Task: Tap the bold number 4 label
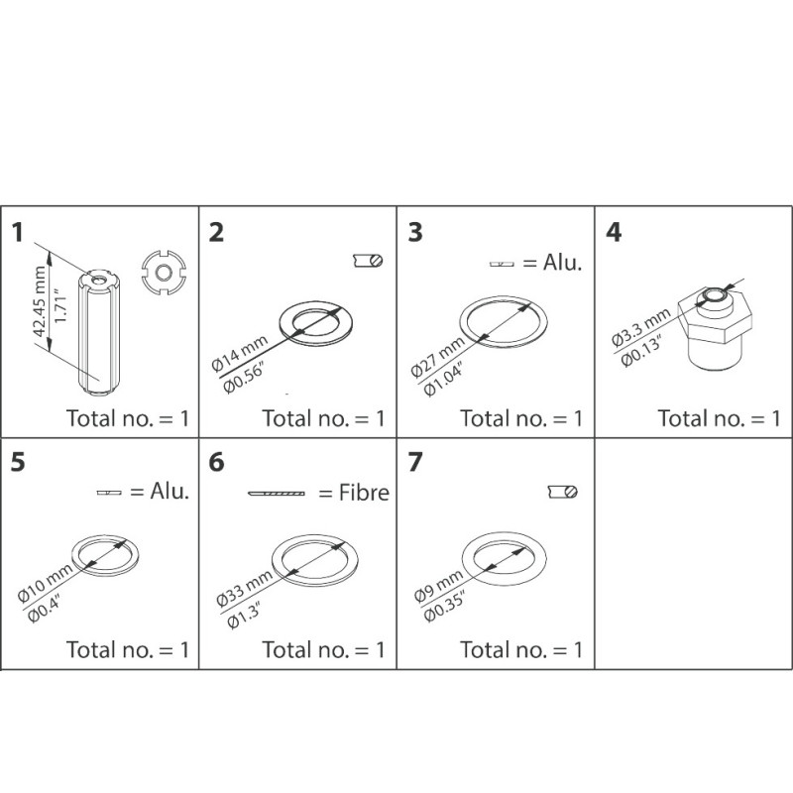pos(615,233)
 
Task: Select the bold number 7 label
pos(416,463)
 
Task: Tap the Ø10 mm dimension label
pos(39,581)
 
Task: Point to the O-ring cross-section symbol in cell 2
pos(367,261)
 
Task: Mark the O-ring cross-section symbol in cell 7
pos(563,492)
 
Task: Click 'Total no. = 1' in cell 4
pos(719,417)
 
